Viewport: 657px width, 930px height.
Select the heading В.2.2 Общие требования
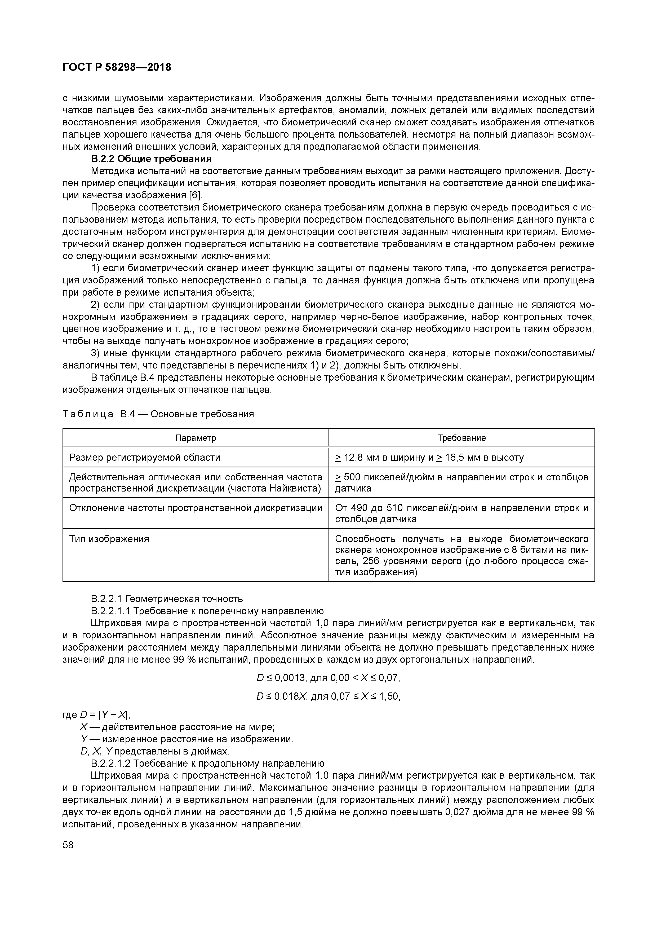coord(151,158)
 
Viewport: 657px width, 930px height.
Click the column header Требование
coord(461,438)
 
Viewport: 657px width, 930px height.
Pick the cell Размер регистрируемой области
coord(145,458)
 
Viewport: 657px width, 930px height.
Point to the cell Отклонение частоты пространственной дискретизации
coord(196,508)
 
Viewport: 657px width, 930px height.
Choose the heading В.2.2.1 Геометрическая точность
coord(167,599)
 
